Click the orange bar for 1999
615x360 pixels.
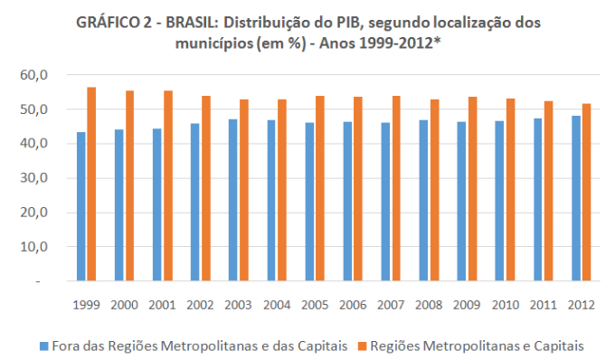pyautogui.click(x=91, y=184)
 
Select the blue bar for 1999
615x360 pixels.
pyautogui.click(x=80, y=206)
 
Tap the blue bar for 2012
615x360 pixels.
pyautogui.click(x=576, y=198)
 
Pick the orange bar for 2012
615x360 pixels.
pyautogui.click(x=586, y=192)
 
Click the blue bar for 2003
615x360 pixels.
pyautogui.click(x=233, y=200)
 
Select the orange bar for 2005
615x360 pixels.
pyautogui.click(x=320, y=188)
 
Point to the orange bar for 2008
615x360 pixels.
pyautogui.click(x=434, y=190)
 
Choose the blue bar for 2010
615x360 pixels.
pyautogui.click(x=499, y=201)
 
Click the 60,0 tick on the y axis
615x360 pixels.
pyautogui.click(x=34, y=74)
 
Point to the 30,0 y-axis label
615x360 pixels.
pyautogui.click(x=34, y=177)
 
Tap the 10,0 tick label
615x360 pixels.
pyautogui.click(x=34, y=247)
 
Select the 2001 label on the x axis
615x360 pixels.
pyautogui.click(x=163, y=305)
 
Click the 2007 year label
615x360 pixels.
pyautogui.click(x=391, y=305)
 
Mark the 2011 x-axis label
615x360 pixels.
pyautogui.click(x=544, y=305)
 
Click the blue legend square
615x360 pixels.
pyautogui.click(x=44, y=346)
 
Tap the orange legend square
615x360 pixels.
pyautogui.click(x=363, y=346)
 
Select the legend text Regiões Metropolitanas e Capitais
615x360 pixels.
pyautogui.click(x=477, y=346)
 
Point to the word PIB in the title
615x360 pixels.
pyautogui.click(x=346, y=23)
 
